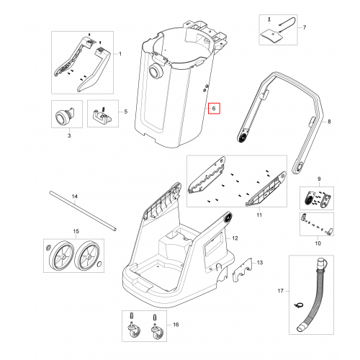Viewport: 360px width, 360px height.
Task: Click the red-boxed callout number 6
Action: tap(214, 109)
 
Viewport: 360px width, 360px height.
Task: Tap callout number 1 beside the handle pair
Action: tap(120, 54)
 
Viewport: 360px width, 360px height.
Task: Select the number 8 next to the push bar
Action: tap(329, 122)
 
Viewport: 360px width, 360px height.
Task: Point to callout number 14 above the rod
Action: tap(75, 197)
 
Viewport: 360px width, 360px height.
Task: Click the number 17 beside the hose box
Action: tap(281, 291)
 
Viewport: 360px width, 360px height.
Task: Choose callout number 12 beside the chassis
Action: tap(235, 238)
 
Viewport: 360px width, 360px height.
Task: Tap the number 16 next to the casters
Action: tap(176, 325)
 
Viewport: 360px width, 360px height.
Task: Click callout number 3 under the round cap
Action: tap(69, 135)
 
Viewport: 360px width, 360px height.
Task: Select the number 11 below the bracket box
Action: tap(259, 215)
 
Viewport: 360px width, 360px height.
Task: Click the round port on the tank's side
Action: tap(156, 71)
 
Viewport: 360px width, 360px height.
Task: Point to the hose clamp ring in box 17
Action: tap(299, 305)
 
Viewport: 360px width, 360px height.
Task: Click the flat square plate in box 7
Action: tap(271, 37)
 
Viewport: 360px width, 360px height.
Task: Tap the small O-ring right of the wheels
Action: tap(100, 264)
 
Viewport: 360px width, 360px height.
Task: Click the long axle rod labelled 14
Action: tap(83, 210)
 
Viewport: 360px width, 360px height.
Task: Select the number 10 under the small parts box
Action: tap(318, 243)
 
